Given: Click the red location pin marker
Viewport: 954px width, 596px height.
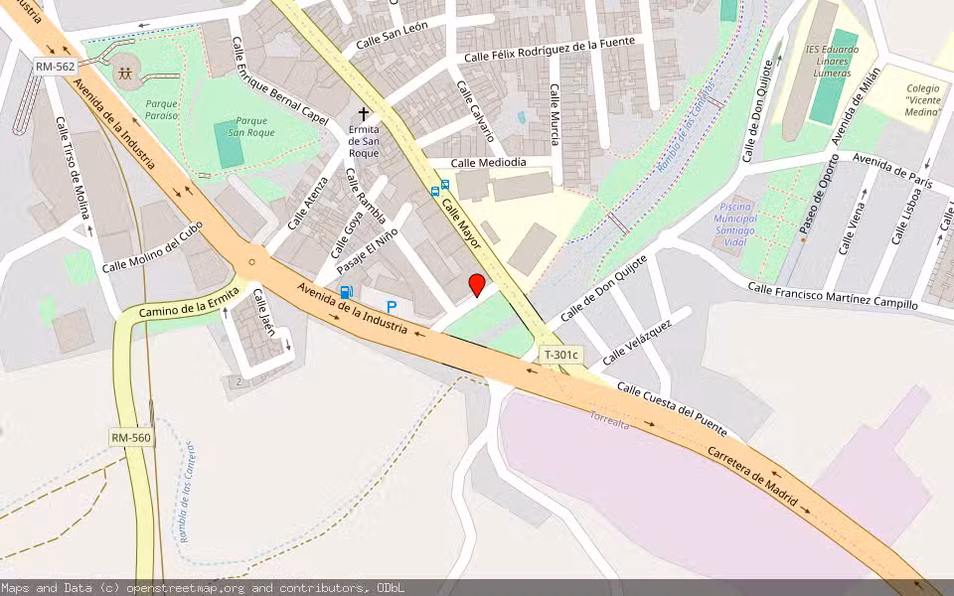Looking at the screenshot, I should pyautogui.click(x=477, y=285).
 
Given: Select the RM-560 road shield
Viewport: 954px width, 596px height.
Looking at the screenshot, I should pyautogui.click(x=131, y=437).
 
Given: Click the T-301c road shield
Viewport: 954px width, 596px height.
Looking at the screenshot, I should pyautogui.click(x=560, y=355).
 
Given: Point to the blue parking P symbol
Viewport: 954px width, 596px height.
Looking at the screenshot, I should pyautogui.click(x=392, y=309).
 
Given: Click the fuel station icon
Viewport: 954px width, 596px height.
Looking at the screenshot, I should pyautogui.click(x=346, y=292).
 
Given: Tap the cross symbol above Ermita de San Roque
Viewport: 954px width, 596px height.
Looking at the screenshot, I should pyautogui.click(x=364, y=115).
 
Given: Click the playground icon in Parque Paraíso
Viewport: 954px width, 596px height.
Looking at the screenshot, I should pyautogui.click(x=125, y=73).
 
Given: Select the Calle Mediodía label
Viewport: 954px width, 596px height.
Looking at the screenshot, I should pyautogui.click(x=488, y=163).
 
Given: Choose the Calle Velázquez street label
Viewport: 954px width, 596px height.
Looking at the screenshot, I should pyautogui.click(x=637, y=340).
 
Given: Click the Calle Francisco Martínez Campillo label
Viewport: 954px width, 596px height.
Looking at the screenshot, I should pyautogui.click(x=833, y=296).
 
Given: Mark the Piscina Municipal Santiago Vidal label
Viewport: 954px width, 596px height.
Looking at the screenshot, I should pyautogui.click(x=735, y=223).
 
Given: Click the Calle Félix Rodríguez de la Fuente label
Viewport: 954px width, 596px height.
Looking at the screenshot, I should pyautogui.click(x=550, y=50).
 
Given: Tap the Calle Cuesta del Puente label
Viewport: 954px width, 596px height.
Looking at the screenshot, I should pyautogui.click(x=672, y=409).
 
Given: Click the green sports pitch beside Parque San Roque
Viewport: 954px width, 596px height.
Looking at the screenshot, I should pyautogui.click(x=230, y=146).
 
